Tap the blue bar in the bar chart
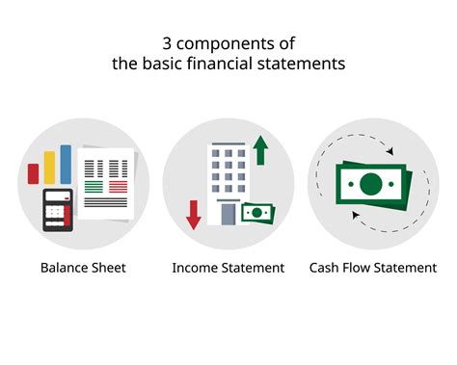coord(66,163)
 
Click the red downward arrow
coord(193,212)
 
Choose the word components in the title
coord(219,42)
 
